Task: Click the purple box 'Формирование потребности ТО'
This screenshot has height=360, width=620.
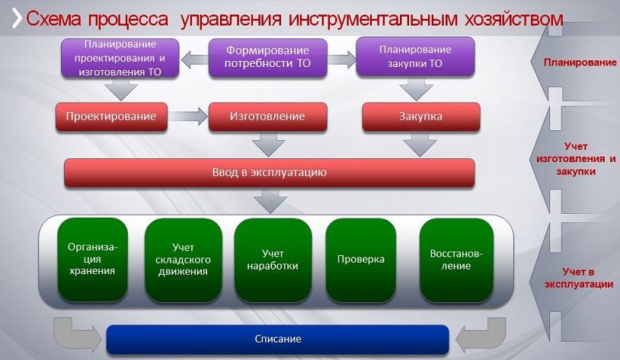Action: (267, 57)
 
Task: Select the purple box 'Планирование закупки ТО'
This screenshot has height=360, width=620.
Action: (415, 56)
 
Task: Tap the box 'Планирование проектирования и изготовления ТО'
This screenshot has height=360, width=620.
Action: (120, 58)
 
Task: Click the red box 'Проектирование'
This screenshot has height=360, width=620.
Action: (111, 116)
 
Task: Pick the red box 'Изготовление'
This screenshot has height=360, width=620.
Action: (267, 116)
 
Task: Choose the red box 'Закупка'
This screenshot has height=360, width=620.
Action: (421, 116)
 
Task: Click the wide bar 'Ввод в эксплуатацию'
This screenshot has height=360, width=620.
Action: (270, 173)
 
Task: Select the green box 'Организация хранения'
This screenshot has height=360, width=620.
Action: (92, 260)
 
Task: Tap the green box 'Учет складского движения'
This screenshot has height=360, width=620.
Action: (183, 260)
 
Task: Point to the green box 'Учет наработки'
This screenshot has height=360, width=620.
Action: (273, 260)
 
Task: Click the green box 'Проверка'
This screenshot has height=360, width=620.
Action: (360, 260)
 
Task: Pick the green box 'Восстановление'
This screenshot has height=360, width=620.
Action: (456, 260)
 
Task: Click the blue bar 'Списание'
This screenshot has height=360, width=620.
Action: (278, 339)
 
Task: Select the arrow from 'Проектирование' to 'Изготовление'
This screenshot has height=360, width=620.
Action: (188, 116)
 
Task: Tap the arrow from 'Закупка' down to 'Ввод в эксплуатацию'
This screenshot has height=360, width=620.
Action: (420, 145)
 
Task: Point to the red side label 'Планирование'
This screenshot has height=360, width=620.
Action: (580, 62)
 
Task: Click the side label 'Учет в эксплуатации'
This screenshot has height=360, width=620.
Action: (578, 278)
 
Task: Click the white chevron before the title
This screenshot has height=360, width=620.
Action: (17, 18)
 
